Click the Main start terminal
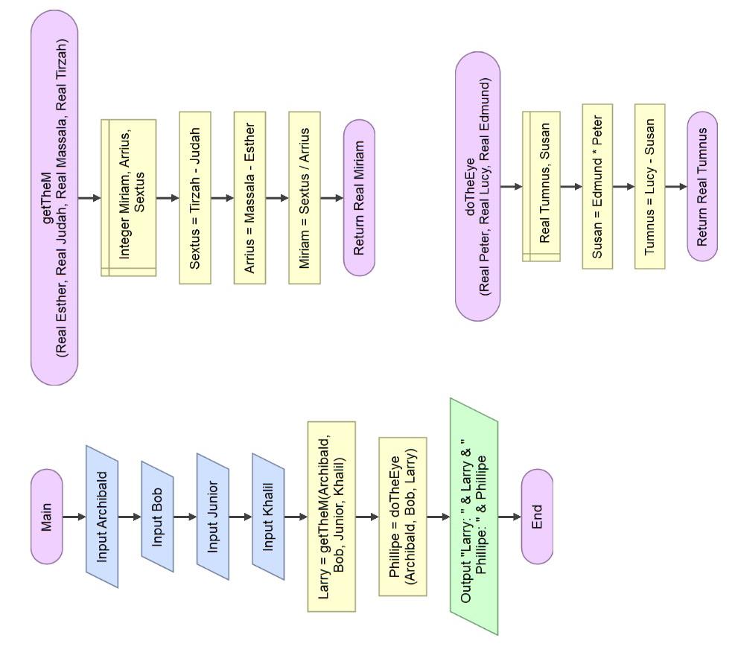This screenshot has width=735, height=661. [x=47, y=517]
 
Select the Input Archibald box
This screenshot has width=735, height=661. [x=102, y=517]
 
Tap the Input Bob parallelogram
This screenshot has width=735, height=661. [x=157, y=517]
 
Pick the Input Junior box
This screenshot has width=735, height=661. [x=212, y=517]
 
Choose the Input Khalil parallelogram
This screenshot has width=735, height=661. [x=268, y=517]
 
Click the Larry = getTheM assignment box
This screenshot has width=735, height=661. [x=331, y=517]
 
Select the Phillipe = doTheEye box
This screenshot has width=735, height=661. [x=403, y=517]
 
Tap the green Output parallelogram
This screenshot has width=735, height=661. [x=474, y=517]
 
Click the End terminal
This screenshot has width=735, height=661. [x=537, y=517]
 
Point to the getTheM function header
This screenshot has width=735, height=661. [x=55, y=198]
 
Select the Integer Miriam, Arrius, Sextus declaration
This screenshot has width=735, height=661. [x=128, y=198]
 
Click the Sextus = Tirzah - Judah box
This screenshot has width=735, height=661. [x=195, y=198]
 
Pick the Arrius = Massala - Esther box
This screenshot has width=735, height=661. [x=249, y=198]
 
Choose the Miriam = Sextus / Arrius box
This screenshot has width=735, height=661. [x=305, y=198]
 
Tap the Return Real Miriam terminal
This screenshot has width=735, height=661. [x=359, y=198]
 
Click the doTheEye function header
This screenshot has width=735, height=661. [x=477, y=186]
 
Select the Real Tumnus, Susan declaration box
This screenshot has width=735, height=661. [x=541, y=186]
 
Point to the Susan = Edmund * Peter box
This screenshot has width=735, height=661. [x=597, y=186]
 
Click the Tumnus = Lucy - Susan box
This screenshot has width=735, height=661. [x=649, y=186]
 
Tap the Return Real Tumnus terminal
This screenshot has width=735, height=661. [x=702, y=186]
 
